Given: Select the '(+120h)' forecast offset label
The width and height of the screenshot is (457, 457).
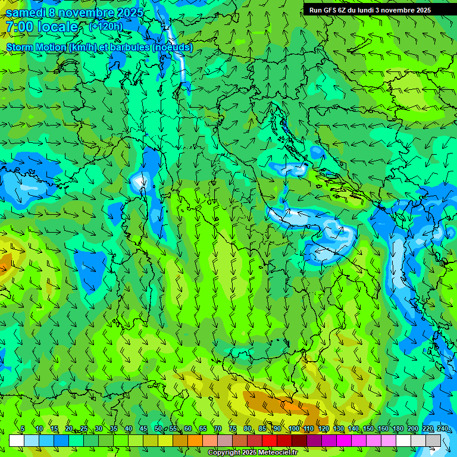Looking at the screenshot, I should point(105,26).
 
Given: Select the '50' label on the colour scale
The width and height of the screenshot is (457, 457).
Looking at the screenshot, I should point(158,429).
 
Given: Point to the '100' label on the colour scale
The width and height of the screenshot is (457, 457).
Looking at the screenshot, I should point(293,429).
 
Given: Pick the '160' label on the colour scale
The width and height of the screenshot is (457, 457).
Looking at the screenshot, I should point(383,429).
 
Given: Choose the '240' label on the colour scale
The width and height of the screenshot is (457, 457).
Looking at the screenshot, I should point(442,429).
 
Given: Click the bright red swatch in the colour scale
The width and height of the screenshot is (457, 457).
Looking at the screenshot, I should point(270,440).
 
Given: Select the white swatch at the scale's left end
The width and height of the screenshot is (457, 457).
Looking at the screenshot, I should point(17,440).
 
